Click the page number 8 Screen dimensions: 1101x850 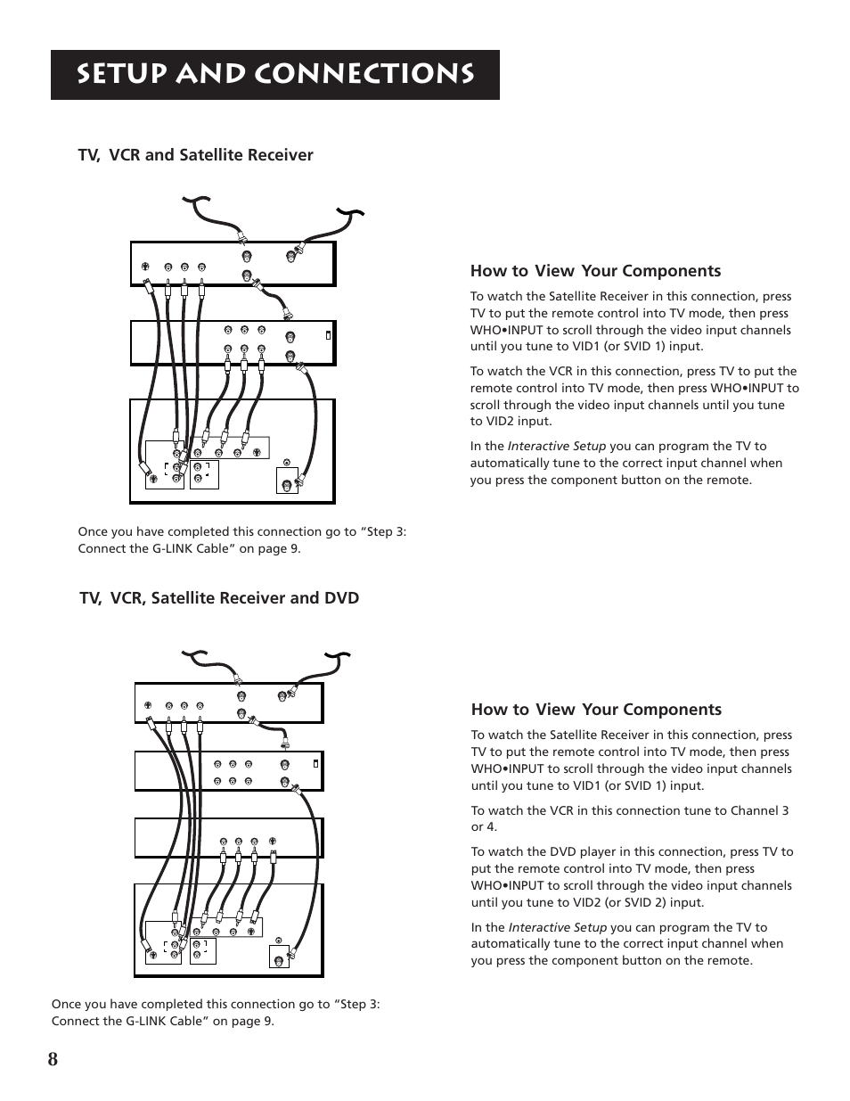pyautogui.click(x=54, y=1058)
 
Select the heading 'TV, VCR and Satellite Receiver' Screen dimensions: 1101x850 pyautogui.click(x=195, y=155)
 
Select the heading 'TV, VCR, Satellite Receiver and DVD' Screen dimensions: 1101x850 pyautogui.click(x=219, y=597)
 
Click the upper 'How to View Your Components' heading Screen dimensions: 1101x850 pyautogui.click(x=595, y=271)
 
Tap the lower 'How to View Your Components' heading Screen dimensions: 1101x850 pyautogui.click(x=596, y=710)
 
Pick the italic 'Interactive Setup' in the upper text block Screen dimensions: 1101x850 pyautogui.click(x=556, y=446)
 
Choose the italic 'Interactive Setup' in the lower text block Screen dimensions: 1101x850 pyautogui.click(x=557, y=927)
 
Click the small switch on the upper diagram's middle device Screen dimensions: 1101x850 pyautogui.click(x=328, y=335)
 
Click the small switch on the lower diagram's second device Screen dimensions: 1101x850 pyautogui.click(x=315, y=763)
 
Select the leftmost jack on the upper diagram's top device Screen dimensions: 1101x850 pyautogui.click(x=145, y=266)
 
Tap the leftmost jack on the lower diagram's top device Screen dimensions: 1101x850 pyautogui.click(x=147, y=706)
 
